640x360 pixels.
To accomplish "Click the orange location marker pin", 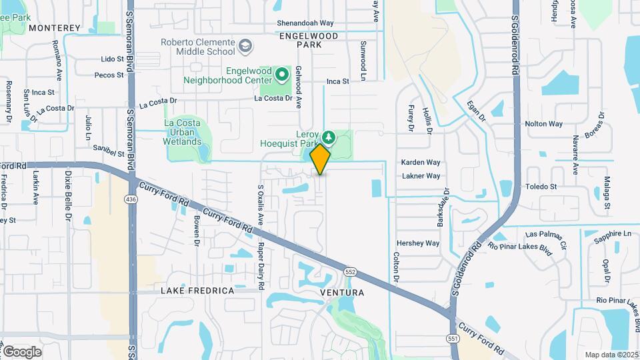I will (x=321, y=159).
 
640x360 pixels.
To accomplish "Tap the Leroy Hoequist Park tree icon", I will (x=327, y=136).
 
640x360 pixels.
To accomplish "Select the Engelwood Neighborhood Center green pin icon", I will (x=282, y=73).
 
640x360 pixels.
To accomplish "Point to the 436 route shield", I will (x=131, y=199).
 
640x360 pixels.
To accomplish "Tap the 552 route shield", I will (x=350, y=271).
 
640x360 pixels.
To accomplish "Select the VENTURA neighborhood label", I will (x=341, y=293).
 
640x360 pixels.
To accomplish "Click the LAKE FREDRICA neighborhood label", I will (x=197, y=291).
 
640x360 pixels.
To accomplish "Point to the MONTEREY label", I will (x=55, y=28).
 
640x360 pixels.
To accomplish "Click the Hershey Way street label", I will (x=418, y=243).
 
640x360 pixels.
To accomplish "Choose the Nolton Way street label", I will (x=544, y=124).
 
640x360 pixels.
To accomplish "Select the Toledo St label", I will (x=541, y=187).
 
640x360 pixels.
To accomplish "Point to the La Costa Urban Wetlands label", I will (x=183, y=132).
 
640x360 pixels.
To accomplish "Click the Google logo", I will (x=21, y=351).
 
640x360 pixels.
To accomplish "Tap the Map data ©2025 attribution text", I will (x=611, y=355).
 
